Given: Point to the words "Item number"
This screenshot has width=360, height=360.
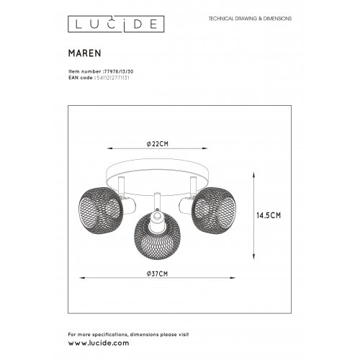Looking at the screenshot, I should [78, 72].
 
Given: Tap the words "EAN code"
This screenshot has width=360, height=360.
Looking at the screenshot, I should [76, 78].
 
